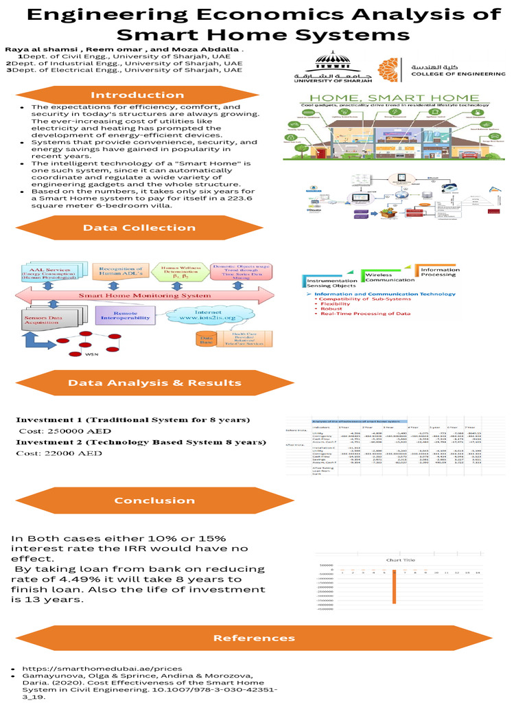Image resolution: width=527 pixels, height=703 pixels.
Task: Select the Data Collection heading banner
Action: pos(139,228)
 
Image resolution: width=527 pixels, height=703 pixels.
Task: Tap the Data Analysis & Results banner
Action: pos(154,382)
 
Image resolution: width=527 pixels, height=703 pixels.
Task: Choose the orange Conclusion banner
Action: pos(154,500)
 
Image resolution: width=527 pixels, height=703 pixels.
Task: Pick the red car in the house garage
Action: pos(469,155)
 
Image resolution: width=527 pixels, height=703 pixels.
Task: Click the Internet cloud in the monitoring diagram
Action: pos(198,316)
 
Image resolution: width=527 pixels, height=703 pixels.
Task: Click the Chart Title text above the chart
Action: pos(401,560)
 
